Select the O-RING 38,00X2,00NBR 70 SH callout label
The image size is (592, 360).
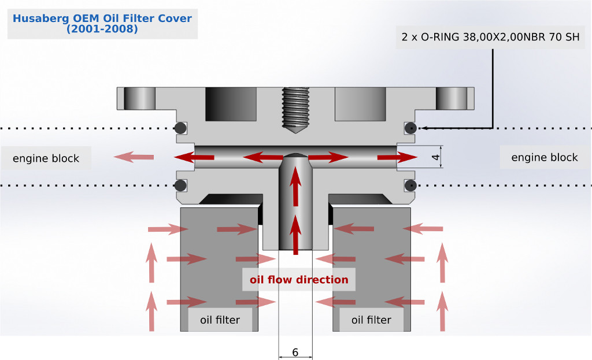tap(490, 38)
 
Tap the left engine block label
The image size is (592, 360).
tap(46, 158)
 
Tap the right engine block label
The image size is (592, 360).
tap(545, 157)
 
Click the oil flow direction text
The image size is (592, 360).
tap(299, 280)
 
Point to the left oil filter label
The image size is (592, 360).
tap(220, 320)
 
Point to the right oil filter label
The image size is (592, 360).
tap(371, 320)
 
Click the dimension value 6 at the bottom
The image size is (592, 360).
tap(295, 352)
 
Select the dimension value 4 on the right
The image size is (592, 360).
tap(436, 157)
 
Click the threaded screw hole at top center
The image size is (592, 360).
tap(295, 110)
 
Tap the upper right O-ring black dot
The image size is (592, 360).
tap(411, 128)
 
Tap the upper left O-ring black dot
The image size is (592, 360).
tap(180, 128)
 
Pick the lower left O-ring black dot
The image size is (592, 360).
tap(180, 185)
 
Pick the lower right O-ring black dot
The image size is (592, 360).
tap(411, 185)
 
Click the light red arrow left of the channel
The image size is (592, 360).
tap(133, 157)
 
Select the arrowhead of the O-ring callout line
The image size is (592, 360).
tap(424, 128)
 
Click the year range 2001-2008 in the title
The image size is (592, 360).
tap(102, 29)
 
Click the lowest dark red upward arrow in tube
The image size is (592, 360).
tap(296, 234)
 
